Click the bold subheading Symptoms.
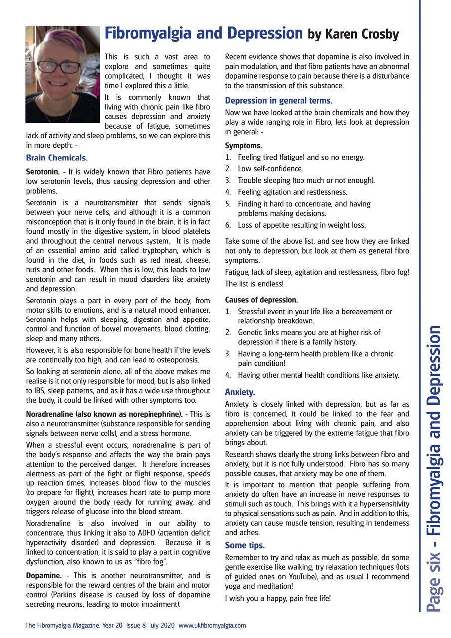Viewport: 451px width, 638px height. click(x=243, y=146)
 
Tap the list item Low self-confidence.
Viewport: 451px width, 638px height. click(x=270, y=169)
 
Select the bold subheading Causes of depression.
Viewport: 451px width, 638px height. click(x=261, y=300)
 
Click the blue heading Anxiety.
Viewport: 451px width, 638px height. click(x=240, y=392)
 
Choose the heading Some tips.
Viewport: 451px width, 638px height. click(x=245, y=545)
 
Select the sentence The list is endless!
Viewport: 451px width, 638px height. click(x=254, y=284)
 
